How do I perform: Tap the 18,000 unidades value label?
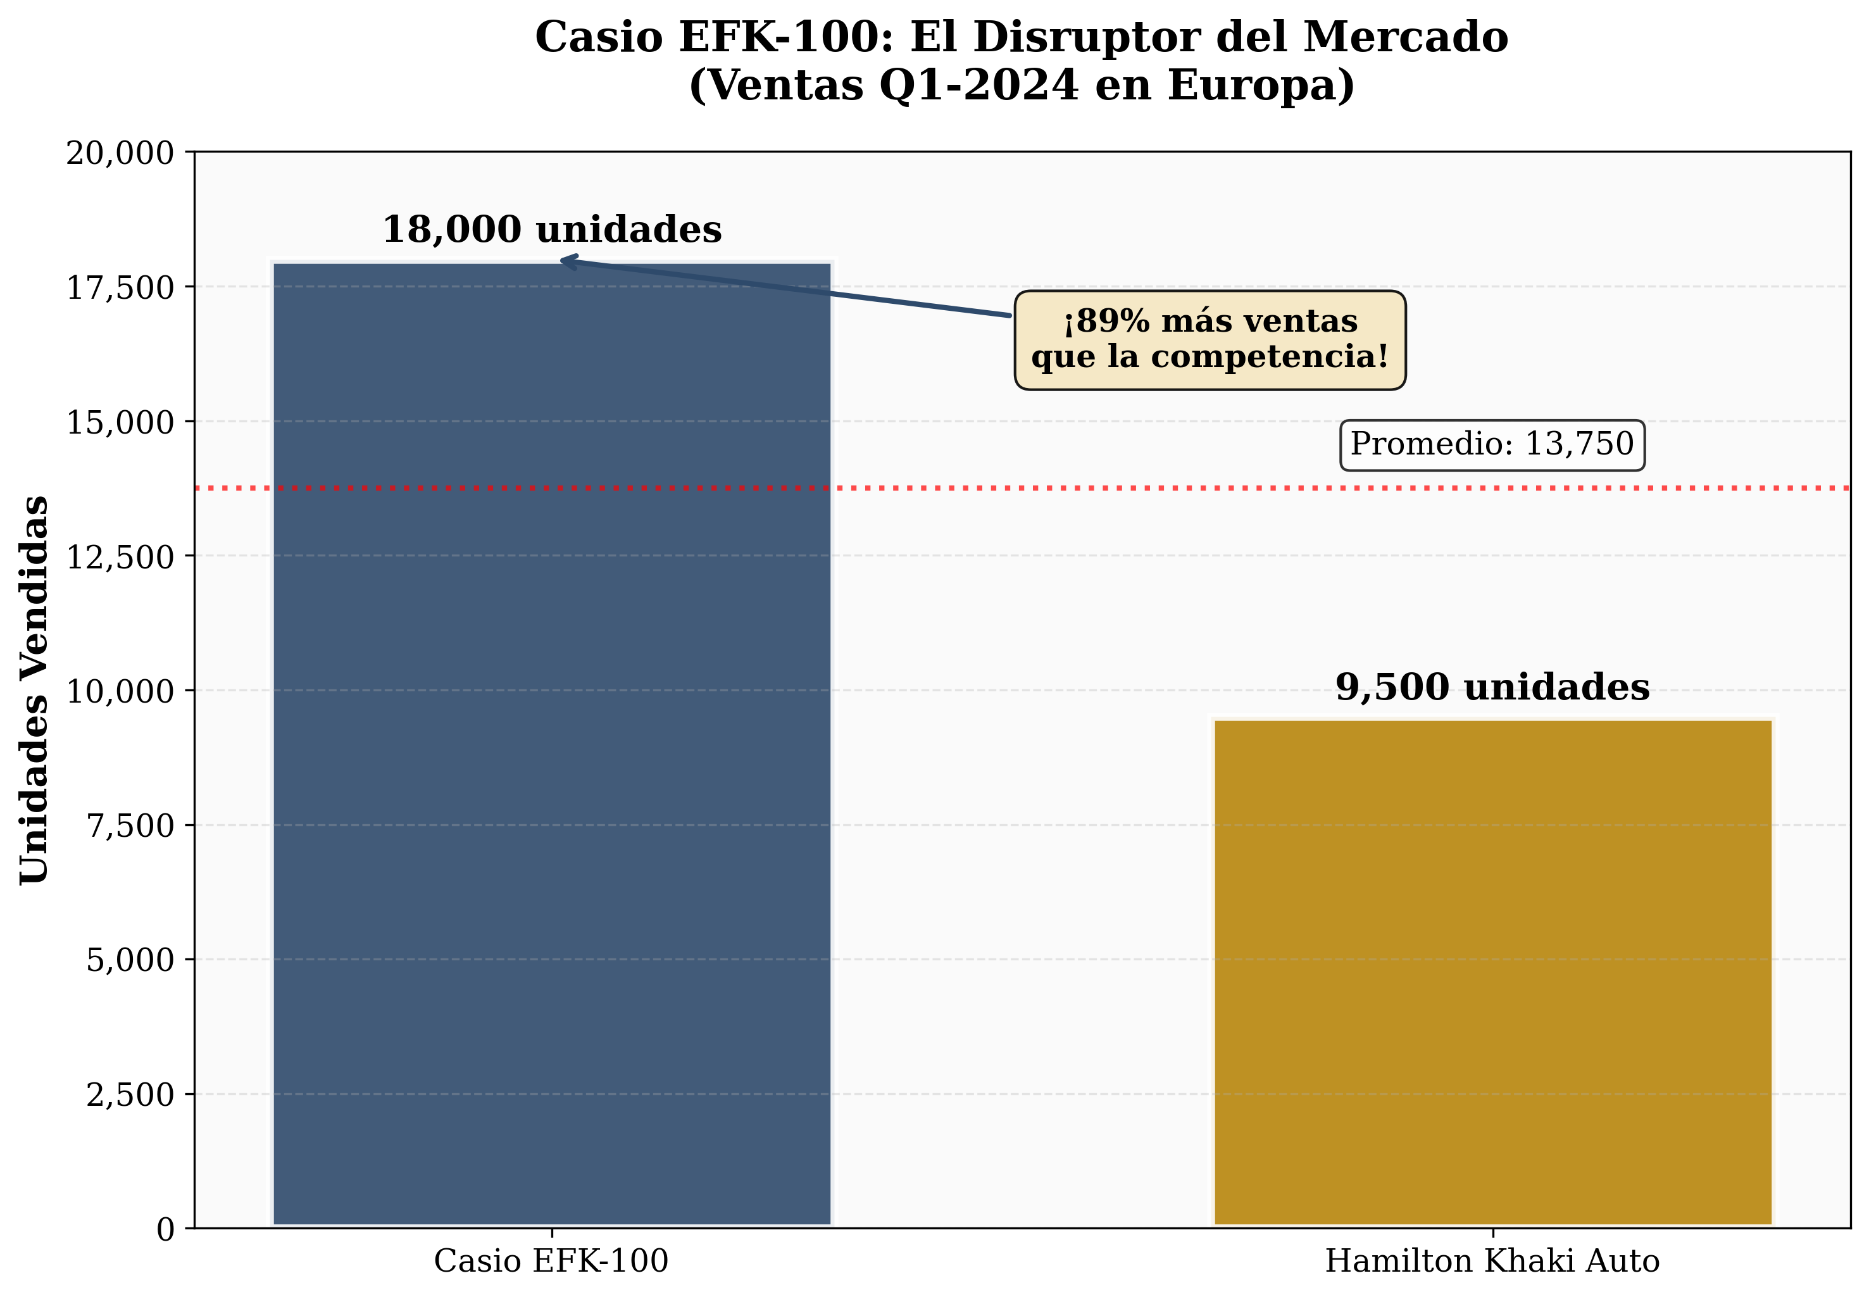pos(552,230)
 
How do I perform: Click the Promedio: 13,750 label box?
pos(1492,444)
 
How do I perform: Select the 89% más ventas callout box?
pos(1210,340)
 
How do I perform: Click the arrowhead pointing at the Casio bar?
pos(566,260)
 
